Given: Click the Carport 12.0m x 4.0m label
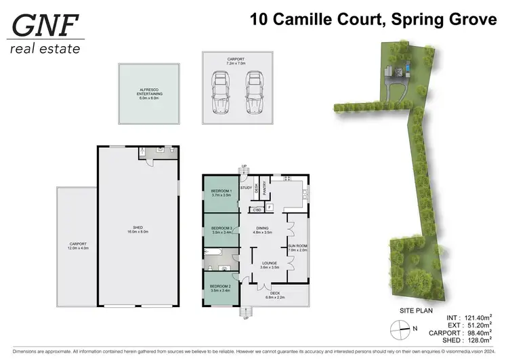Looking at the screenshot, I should click(x=78, y=245).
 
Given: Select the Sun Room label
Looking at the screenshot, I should click(x=297, y=247).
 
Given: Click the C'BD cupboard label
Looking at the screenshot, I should click(x=257, y=209).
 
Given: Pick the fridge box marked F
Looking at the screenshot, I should click(x=270, y=207).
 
